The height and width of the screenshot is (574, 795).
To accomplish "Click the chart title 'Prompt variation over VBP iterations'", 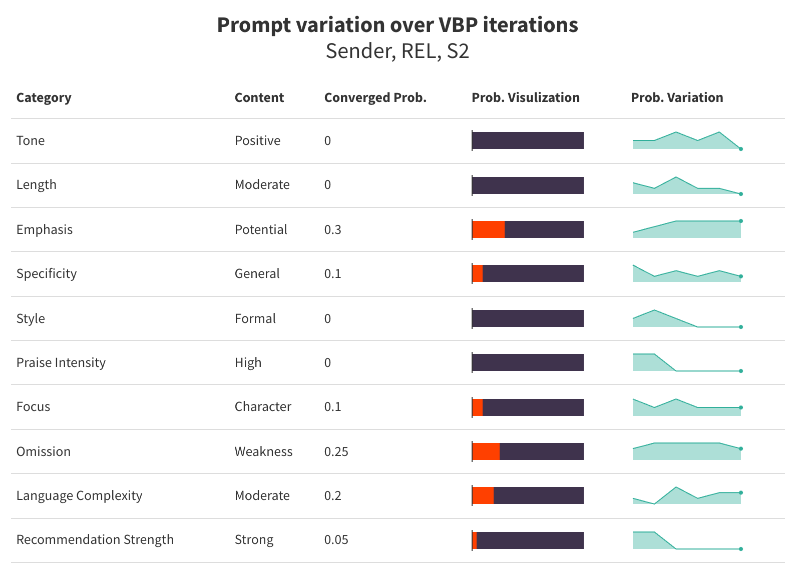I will coord(397,25).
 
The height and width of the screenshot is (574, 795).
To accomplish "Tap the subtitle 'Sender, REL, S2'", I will coord(397,51).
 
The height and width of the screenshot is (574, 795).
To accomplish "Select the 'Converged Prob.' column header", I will coord(375,97).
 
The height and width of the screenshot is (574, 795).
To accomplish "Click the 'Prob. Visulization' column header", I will coord(525,97).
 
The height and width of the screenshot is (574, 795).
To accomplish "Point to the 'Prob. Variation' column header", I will coord(677,97).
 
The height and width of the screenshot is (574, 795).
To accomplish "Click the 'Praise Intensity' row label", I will coord(61,362).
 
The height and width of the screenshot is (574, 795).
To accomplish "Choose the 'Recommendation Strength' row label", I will coord(95,539).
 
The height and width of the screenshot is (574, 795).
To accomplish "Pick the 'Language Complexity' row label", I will coord(79,495).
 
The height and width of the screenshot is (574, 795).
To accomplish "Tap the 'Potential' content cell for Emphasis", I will coord(261,229).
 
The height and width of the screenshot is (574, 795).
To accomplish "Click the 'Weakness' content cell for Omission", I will coord(263,451).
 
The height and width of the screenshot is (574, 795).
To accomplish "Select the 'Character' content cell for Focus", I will coord(263,406).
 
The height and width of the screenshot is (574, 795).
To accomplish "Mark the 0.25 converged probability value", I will coord(336,451).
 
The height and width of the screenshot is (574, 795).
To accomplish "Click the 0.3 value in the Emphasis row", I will coord(332,229).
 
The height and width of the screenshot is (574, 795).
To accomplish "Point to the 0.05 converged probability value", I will coord(336,539).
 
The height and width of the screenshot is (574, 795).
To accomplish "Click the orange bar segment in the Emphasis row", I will coord(489,229).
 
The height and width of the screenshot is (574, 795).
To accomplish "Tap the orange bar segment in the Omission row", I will coord(486,451).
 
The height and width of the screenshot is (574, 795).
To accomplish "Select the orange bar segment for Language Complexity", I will coord(483,495).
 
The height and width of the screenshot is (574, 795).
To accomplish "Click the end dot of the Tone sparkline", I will coord(741,149).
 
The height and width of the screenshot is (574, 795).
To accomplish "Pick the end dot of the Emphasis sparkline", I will coord(741,221).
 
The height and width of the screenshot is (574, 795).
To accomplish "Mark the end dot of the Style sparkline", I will coord(741,327).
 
